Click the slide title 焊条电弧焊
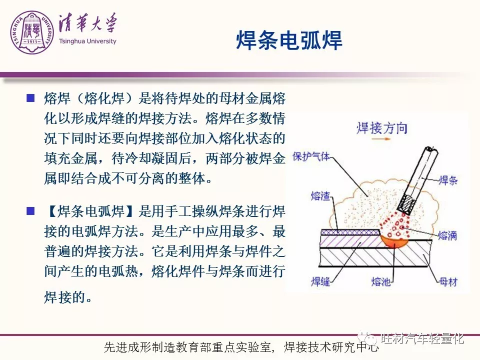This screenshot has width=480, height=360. pyautogui.click(x=289, y=40)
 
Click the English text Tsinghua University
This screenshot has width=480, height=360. pyautogui.click(x=87, y=41)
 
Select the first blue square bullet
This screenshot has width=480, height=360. pyautogui.click(x=30, y=98)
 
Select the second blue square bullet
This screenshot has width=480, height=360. pyautogui.click(x=30, y=211)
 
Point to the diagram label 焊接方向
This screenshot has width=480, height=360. pyautogui.click(x=381, y=128)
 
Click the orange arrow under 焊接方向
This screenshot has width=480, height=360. pyautogui.click(x=381, y=138)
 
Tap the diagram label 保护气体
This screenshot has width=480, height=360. pyautogui.click(x=311, y=156)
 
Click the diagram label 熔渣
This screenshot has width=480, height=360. pyautogui.click(x=320, y=195)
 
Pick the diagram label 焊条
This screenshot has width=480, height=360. pyautogui.click(x=448, y=180)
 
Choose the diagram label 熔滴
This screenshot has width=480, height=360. pyautogui.click(x=447, y=235)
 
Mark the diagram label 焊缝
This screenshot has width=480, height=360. pyautogui.click(x=320, y=281)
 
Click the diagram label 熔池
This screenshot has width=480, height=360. pyautogui.click(x=381, y=281)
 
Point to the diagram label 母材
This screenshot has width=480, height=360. pyautogui.click(x=448, y=281)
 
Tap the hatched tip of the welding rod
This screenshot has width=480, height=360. pyautogui.click(x=406, y=203)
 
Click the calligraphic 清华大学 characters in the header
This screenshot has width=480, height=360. pyautogui.click(x=88, y=23)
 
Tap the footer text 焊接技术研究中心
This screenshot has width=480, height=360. pyautogui.click(x=331, y=347)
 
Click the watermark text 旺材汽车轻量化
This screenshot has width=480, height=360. pyautogui.click(x=422, y=338)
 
